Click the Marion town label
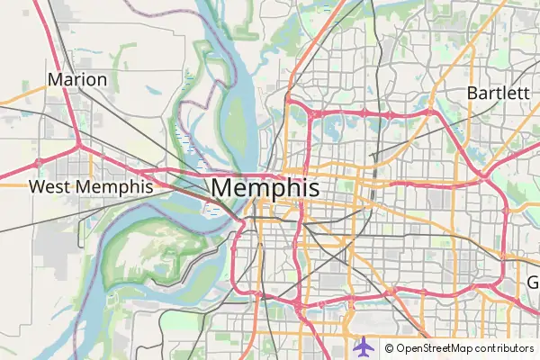(77, 79)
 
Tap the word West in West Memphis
(49, 187)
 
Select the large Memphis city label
(265, 189)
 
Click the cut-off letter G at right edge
(533, 283)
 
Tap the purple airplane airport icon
(362, 346)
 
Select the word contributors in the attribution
(504, 348)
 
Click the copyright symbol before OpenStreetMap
(389, 348)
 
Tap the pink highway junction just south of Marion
(79, 143)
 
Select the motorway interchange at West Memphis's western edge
(39, 163)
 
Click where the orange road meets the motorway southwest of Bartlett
(429, 113)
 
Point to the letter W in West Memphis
(37, 187)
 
